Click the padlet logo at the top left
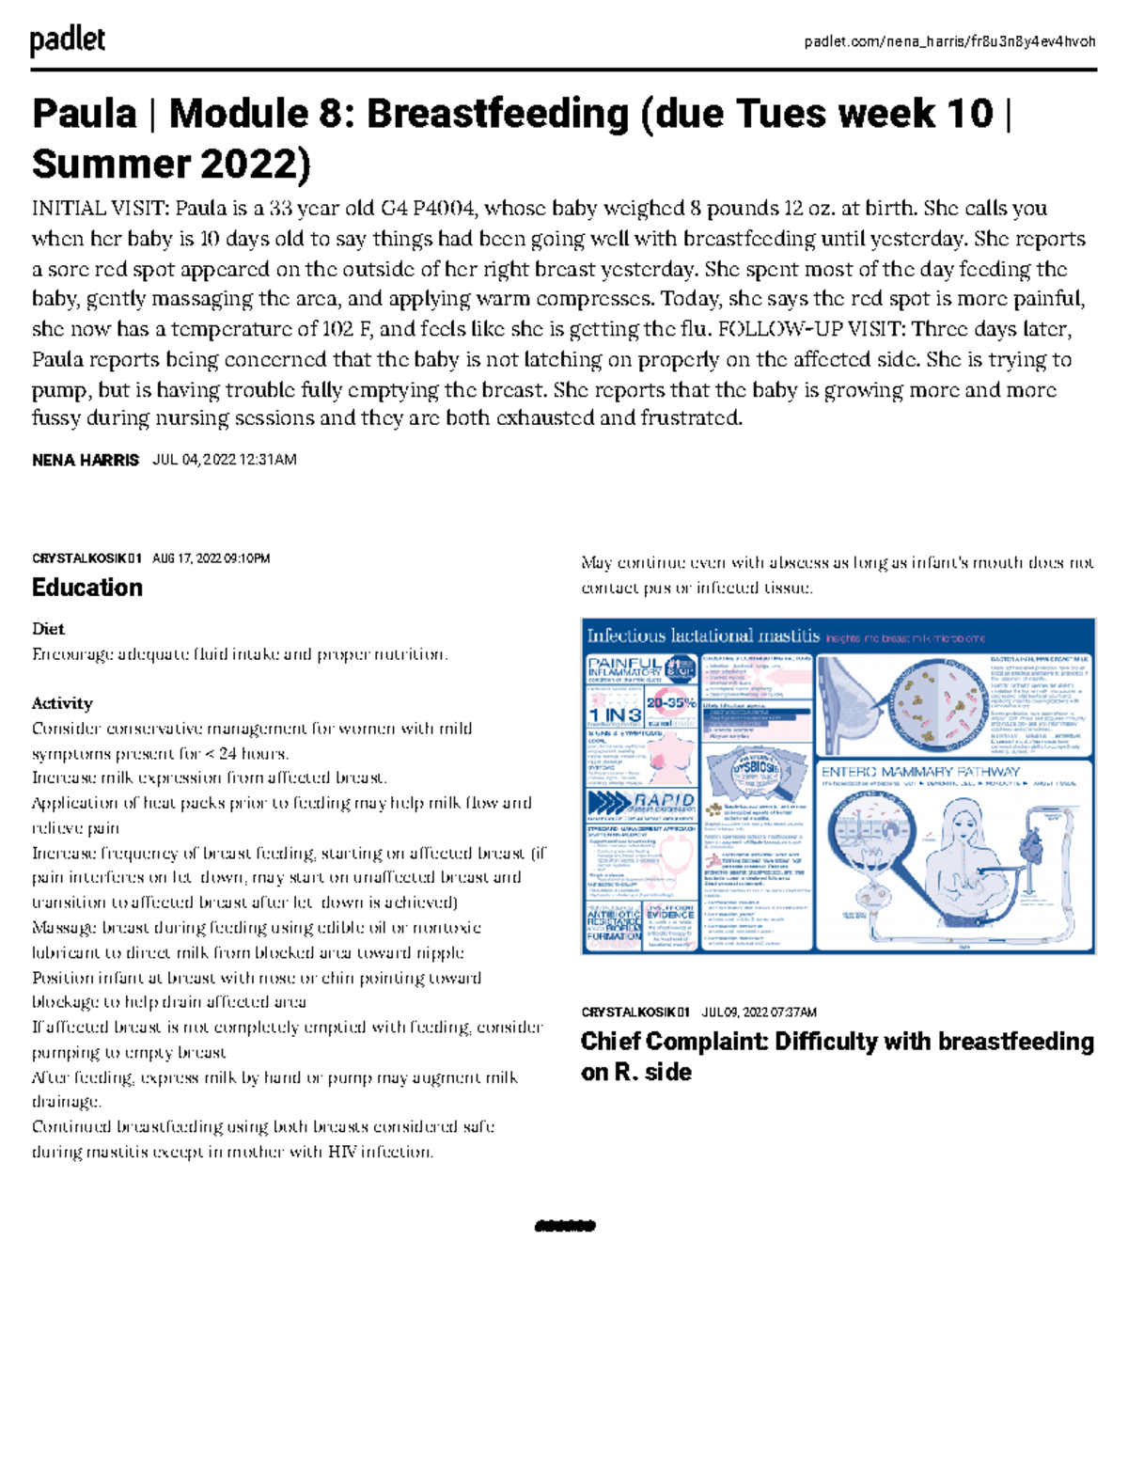[67, 40]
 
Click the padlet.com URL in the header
[949, 41]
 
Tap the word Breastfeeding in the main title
[497, 114]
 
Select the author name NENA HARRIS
[86, 460]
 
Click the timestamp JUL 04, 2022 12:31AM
[224, 460]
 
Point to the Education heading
[87, 588]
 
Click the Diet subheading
[48, 629]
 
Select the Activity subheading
[62, 703]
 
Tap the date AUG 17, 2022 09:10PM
[211, 558]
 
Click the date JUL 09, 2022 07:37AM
[760, 1013]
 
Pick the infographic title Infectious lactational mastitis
[703, 636]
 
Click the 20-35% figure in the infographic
[671, 702]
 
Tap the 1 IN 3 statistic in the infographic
[615, 715]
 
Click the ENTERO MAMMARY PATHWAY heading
[920, 772]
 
